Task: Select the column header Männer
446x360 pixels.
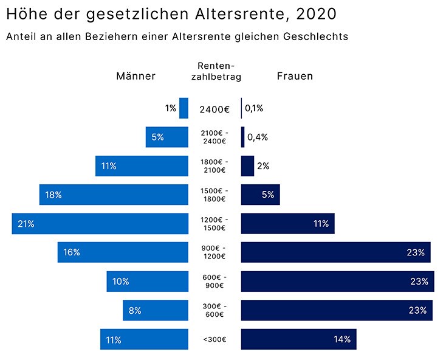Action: pos(136,76)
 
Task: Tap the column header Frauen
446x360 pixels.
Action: pos(295,76)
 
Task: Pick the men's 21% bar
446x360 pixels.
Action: pos(100,224)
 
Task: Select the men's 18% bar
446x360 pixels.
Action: pos(114,195)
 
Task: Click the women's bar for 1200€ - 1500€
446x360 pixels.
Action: pos(287,224)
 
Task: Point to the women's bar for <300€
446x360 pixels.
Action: pos(298,339)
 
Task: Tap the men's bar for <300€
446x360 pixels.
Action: pos(144,339)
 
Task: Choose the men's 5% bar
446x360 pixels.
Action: pos(166,137)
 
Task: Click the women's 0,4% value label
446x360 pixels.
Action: pos(258,137)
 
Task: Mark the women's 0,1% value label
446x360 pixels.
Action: pos(254,108)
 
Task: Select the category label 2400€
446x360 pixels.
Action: pos(214,109)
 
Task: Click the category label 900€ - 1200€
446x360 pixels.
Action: pos(214,252)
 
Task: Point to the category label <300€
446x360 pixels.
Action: pos(214,339)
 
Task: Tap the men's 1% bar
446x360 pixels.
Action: pos(184,108)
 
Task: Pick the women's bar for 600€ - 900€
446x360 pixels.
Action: pos(337,282)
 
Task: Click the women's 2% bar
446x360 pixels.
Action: pos(247,166)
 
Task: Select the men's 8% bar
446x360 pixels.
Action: pos(155,310)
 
